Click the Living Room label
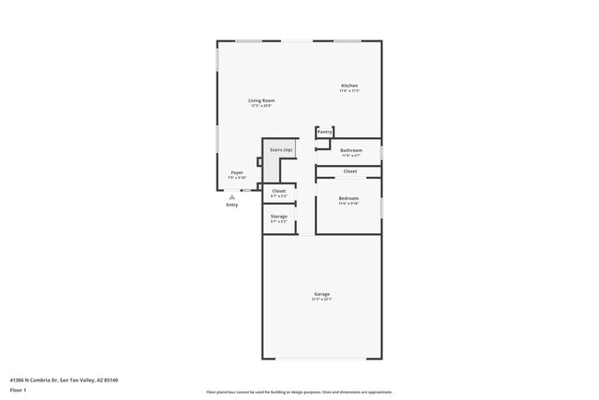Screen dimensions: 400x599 pyautogui.click(x=261, y=100)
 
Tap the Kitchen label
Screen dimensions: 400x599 pyautogui.click(x=349, y=86)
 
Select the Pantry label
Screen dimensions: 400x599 pyautogui.click(x=324, y=132)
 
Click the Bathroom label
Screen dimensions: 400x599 pyautogui.click(x=351, y=150)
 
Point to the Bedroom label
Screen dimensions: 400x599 pyautogui.click(x=348, y=198)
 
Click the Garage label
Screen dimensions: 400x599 pyautogui.click(x=322, y=294)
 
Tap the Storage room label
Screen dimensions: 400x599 pyautogui.click(x=278, y=217)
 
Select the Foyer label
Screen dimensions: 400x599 pyautogui.click(x=237, y=172)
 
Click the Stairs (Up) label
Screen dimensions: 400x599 pyautogui.click(x=281, y=149)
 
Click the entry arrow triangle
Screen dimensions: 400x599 pyautogui.click(x=232, y=196)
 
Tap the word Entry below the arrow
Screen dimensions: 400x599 pyautogui.click(x=232, y=205)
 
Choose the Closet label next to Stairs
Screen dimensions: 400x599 pyautogui.click(x=278, y=191)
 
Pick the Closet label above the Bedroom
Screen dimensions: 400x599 pyautogui.click(x=350, y=171)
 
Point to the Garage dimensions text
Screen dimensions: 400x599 pyautogui.click(x=322, y=300)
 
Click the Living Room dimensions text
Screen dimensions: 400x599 pyautogui.click(x=261, y=106)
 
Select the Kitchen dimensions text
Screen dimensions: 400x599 pyautogui.click(x=349, y=91)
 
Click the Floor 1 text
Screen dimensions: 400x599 pyautogui.click(x=18, y=391)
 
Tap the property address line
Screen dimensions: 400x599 pyautogui.click(x=64, y=380)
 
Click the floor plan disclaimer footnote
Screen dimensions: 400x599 pyautogui.click(x=299, y=392)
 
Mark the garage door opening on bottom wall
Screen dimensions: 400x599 pyautogui.click(x=322, y=359)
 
